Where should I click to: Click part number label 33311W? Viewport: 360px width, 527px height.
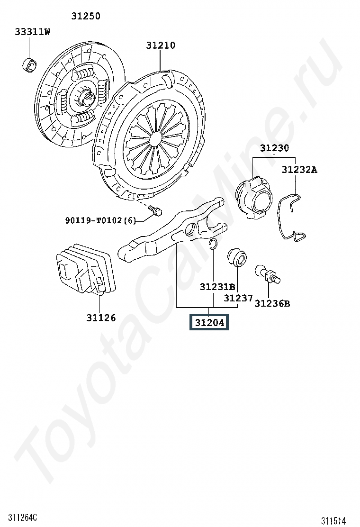32,32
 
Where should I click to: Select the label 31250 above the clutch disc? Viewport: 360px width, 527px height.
86,16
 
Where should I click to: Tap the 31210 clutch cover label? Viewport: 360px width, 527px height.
161,45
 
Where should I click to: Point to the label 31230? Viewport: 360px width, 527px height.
274,148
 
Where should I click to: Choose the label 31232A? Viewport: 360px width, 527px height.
299,169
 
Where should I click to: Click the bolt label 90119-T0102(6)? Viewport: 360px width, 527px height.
101,220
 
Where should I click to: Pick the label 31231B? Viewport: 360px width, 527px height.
217,287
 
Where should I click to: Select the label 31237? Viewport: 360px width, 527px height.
238,298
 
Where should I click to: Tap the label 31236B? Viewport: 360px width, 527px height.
272,303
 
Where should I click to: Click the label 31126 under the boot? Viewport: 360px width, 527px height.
101,318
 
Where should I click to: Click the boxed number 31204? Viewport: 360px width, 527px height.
209,323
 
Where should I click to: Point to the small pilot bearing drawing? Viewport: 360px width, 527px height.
29,64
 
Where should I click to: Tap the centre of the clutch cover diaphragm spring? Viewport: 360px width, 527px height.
155,138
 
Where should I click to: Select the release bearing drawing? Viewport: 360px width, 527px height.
253,198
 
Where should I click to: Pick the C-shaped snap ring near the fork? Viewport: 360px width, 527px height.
213,245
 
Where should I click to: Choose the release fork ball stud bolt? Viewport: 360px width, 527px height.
268,275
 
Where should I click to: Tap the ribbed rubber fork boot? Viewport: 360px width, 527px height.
86,268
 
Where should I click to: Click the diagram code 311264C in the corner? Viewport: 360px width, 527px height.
23,517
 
